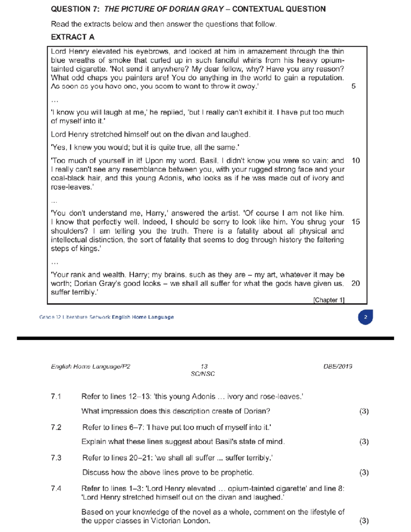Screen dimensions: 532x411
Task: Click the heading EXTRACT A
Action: tap(73, 37)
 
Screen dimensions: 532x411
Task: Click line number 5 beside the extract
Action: tap(353, 86)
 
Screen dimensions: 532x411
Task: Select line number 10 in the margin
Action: tap(356, 161)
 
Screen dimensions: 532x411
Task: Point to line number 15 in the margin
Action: tap(356, 222)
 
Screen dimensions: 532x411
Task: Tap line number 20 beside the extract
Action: tap(356, 284)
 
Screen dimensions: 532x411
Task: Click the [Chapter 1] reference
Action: tap(329, 300)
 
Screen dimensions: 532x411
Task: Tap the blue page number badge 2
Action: tap(365, 317)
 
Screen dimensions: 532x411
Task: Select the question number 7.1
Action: tap(56, 397)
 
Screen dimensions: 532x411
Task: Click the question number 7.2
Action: tap(56, 428)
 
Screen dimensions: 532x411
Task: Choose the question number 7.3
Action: tap(56, 458)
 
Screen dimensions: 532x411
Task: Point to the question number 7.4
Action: tap(56, 488)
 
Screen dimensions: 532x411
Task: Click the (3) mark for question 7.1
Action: tap(364, 411)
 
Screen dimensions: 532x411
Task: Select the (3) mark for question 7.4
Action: tap(364, 521)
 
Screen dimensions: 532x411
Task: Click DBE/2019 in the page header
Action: tap(338, 367)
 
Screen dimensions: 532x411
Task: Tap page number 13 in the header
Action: tap(204, 367)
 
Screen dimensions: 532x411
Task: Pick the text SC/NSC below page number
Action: tap(203, 374)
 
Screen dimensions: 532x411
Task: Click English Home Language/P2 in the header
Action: tap(90, 367)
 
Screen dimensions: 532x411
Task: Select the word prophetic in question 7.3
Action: tap(237, 473)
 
